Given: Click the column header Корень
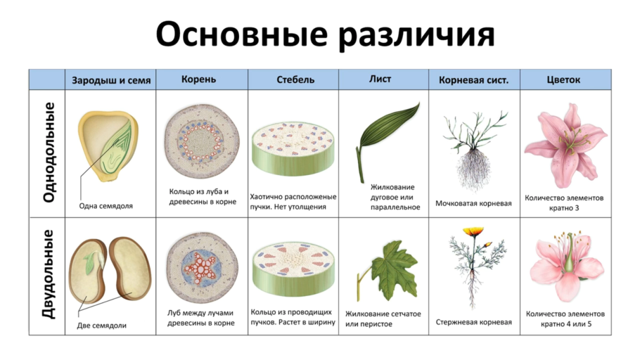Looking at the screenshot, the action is (199, 79).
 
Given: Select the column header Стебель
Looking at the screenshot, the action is (295, 79).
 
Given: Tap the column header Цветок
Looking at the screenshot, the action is (563, 79).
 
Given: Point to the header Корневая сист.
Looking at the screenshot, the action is (473, 80).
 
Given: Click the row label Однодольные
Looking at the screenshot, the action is (49, 153).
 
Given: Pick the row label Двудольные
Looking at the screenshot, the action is (48, 274).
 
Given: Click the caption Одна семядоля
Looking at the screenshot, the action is (105, 206).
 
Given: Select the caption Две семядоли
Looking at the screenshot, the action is (102, 326).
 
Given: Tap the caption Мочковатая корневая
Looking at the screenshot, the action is (473, 203).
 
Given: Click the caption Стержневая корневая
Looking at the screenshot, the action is (473, 322).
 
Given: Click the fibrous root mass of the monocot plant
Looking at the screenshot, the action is (473, 169).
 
